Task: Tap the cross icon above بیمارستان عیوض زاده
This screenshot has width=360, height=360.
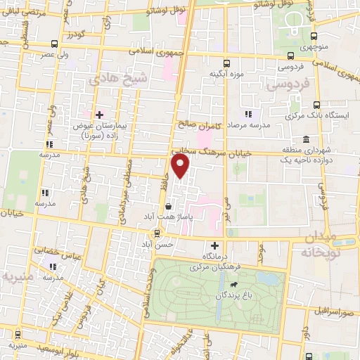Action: pos(99,114)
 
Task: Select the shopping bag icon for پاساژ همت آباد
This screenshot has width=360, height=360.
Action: pos(169,207)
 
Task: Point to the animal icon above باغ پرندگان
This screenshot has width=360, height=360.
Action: pos(231,285)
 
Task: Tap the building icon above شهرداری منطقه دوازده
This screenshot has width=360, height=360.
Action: pos(305,140)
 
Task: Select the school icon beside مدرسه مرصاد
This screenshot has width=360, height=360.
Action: pos(247,114)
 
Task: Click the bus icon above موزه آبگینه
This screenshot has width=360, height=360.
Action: pos(226,63)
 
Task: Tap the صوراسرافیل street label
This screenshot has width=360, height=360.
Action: pos(333,310)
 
